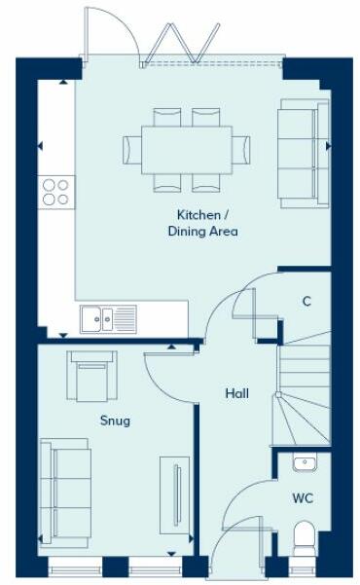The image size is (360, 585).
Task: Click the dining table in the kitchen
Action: click(178, 149)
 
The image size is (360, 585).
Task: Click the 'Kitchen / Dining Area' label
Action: click(206, 223)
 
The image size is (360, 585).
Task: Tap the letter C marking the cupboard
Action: click(306, 302)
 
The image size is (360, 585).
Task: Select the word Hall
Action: click(236, 394)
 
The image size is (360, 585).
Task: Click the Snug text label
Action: click(115, 421)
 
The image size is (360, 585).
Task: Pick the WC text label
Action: click(303, 498)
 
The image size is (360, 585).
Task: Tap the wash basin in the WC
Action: click(304, 462)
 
